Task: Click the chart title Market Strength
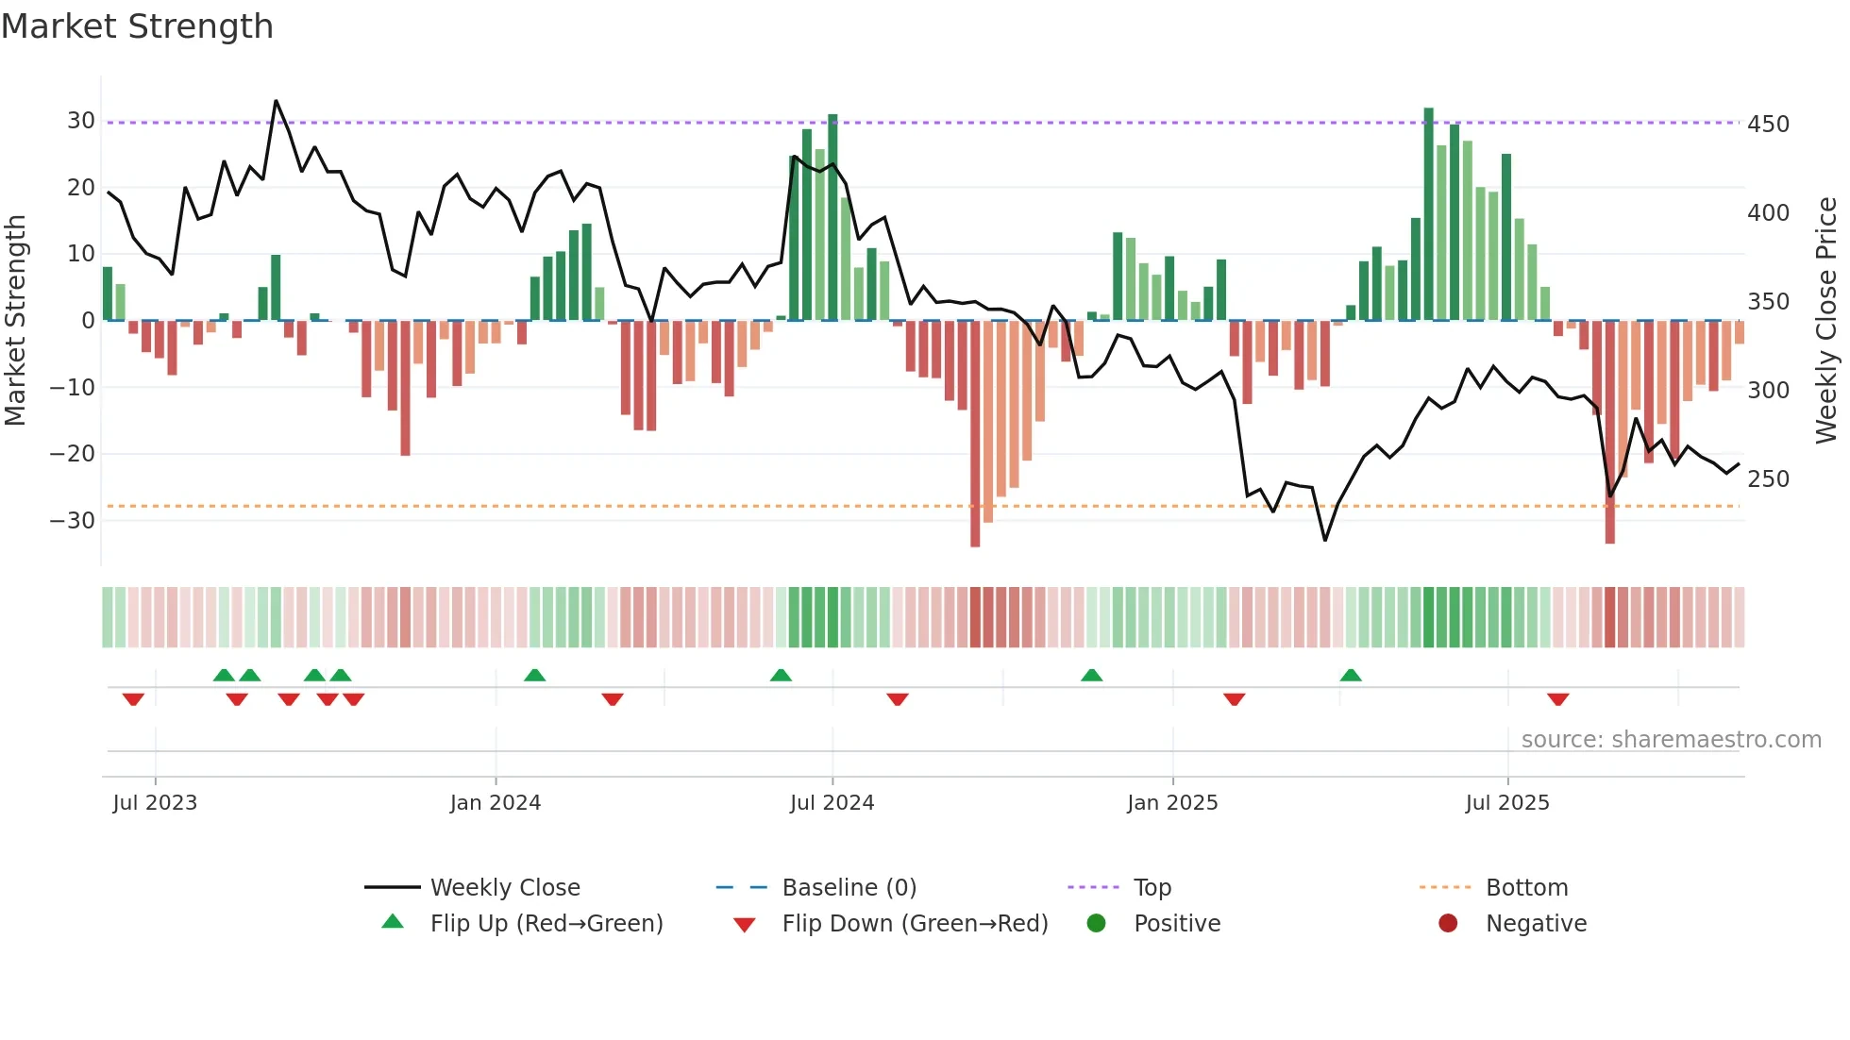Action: pyautogui.click(x=137, y=26)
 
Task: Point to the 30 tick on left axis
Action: pyautogui.click(x=81, y=121)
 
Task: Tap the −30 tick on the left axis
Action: pyautogui.click(x=73, y=520)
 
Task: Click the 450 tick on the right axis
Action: pyautogui.click(x=1768, y=125)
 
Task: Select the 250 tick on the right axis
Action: pyautogui.click(x=1768, y=479)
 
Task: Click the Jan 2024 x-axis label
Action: pyautogui.click(x=496, y=803)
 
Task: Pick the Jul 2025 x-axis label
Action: pyautogui.click(x=1507, y=803)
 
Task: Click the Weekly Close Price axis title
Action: pyautogui.click(x=1826, y=321)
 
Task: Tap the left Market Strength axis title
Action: pyautogui.click(x=16, y=321)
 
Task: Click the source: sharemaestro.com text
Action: pyautogui.click(x=1671, y=740)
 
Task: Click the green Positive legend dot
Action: pyautogui.click(x=1096, y=924)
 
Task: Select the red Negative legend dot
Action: pyautogui.click(x=1448, y=924)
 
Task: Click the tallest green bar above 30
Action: pyautogui.click(x=1429, y=212)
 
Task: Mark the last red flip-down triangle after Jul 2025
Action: pyautogui.click(x=1558, y=699)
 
